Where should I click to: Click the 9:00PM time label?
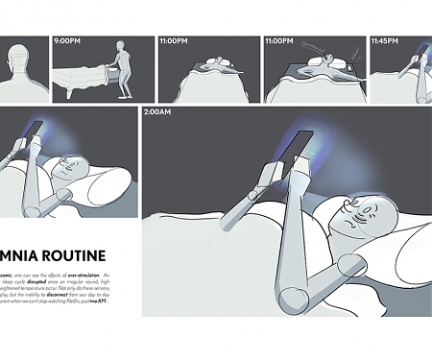point(68,42)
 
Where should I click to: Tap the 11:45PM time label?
point(386,42)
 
